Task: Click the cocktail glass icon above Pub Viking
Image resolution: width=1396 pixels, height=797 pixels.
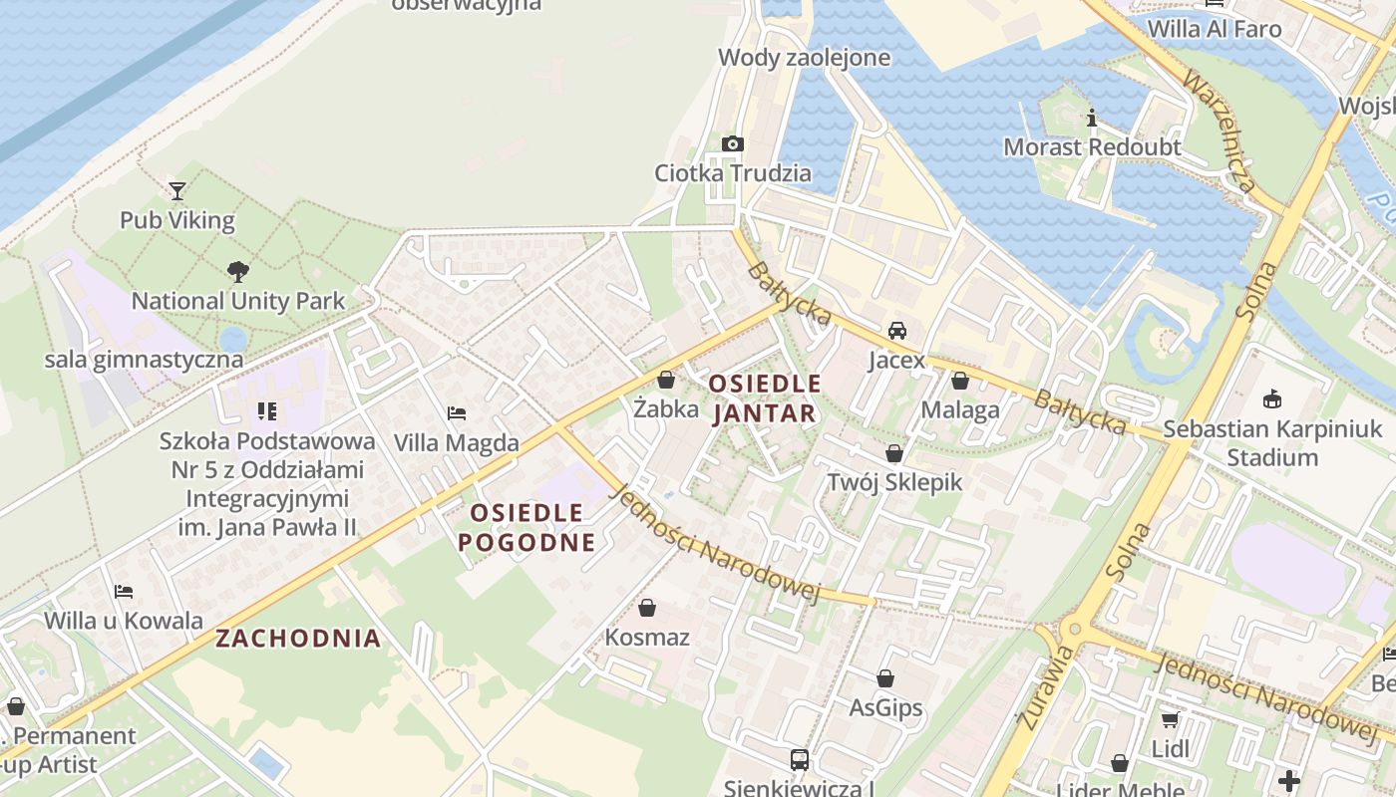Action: [x=177, y=190]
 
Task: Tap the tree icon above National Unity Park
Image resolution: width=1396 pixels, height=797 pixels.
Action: [x=237, y=270]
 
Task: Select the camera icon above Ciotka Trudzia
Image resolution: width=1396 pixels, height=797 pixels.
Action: [x=733, y=143]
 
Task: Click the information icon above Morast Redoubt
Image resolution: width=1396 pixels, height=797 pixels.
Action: [x=1092, y=119]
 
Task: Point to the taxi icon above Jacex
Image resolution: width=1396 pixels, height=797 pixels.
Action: [x=896, y=330]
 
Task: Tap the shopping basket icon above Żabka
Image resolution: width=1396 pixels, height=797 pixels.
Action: [x=666, y=380]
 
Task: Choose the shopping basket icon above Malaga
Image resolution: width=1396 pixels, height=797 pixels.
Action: [x=959, y=381]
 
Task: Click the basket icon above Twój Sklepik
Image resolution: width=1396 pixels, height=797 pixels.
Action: [x=894, y=453]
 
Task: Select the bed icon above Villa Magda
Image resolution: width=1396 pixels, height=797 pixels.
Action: [x=457, y=412]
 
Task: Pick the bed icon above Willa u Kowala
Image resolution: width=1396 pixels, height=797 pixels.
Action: [x=124, y=592]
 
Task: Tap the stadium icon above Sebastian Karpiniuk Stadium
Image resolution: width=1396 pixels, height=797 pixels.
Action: [x=1271, y=399]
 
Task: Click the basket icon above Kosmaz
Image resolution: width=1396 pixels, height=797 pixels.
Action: [x=647, y=607]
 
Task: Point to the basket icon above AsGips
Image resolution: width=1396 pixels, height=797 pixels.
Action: [x=885, y=678]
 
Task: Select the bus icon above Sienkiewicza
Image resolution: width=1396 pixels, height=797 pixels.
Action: [x=799, y=760]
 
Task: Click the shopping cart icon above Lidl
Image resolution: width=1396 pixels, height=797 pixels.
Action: [x=1170, y=718]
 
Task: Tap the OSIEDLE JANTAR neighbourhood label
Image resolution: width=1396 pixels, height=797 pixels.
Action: [x=765, y=398]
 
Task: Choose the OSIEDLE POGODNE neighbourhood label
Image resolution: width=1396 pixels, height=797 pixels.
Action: [x=526, y=528]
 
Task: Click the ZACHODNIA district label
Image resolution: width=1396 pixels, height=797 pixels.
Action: [x=298, y=639]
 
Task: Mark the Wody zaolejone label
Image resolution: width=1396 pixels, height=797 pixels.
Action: [x=804, y=58]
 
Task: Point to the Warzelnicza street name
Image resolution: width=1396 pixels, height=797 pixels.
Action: [x=1219, y=130]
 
